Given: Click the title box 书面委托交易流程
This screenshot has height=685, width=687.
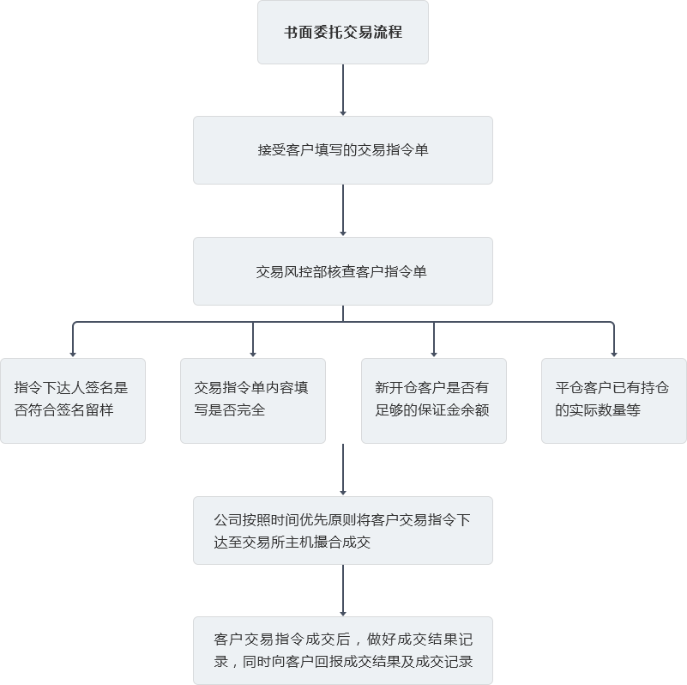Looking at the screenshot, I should coord(343,33).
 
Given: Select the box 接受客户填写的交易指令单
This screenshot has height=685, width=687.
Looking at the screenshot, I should coord(343,150).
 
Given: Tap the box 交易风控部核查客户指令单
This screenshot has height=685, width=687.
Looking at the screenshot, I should coord(343,271).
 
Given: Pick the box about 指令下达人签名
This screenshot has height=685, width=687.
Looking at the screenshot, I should coord(73,400).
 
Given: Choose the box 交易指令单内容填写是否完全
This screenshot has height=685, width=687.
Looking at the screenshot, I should coord(253,400).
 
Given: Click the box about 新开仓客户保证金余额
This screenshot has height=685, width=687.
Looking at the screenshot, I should coord(434,400).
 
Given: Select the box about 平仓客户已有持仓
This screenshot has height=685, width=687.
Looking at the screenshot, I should coord(614,400).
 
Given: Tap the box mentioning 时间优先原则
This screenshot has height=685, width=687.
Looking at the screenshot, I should coord(343,530).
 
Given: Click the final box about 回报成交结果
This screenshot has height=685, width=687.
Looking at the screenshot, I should coord(343,651).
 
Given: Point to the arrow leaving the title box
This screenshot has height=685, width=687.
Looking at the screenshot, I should coord(343,90).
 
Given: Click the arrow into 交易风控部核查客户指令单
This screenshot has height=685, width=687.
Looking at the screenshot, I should coord(343,210).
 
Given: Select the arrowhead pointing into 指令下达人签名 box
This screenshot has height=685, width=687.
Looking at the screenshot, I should coord(73,353).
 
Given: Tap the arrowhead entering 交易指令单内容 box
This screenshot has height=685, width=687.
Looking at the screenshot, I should coord(253,353).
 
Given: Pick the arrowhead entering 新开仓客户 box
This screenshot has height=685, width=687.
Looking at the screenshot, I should coord(434,353).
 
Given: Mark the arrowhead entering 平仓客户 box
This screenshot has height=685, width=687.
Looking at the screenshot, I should coord(614,353).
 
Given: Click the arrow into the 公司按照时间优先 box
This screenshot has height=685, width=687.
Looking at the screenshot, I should coord(343,470).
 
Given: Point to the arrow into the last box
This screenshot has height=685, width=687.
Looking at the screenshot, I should coord(343,591).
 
